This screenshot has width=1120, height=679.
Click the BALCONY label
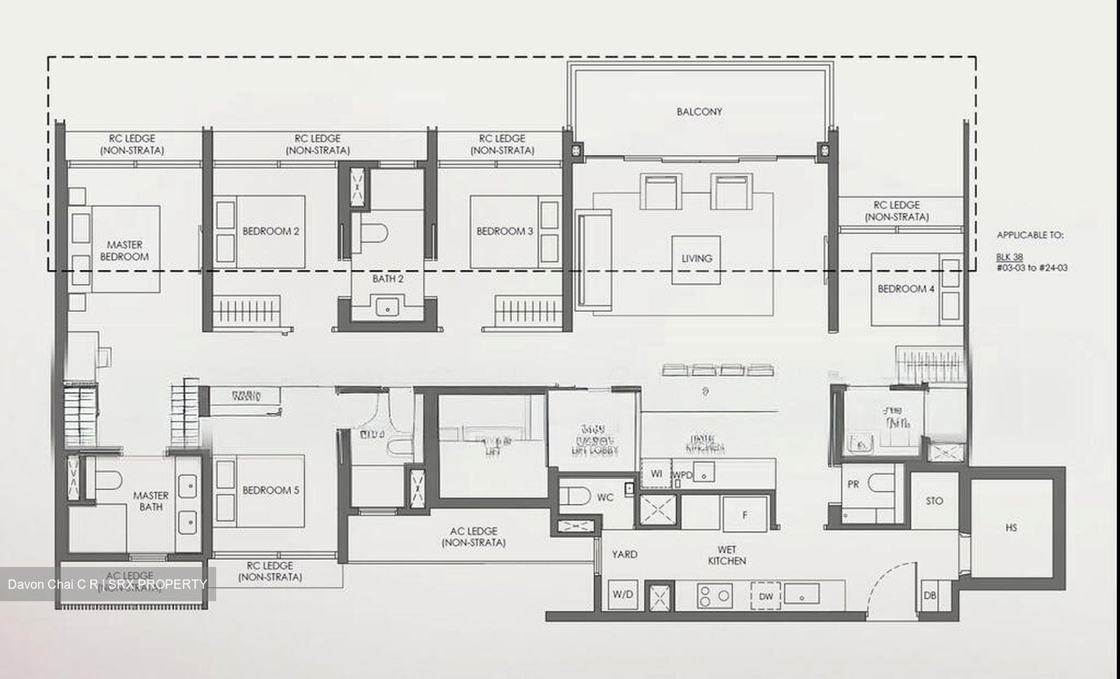coord(698,112)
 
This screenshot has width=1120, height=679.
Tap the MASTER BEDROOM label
coord(124,250)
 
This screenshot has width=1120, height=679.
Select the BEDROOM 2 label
coord(271,231)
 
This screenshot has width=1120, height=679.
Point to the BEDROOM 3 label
coord(505,231)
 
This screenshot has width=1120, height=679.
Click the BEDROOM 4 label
coord(906,289)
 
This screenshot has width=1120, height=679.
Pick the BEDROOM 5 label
coord(271,490)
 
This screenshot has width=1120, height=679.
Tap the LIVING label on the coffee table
coord(696,258)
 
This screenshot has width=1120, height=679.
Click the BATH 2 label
coord(387,278)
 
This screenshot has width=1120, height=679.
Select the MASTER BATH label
coord(151,501)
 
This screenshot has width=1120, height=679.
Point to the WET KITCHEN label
coord(726,555)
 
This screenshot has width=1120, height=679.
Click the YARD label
coord(624,555)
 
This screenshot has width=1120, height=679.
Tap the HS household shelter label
coord(1010,528)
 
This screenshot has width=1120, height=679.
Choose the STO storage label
coord(934,501)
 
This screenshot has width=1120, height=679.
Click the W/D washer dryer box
coord(622,595)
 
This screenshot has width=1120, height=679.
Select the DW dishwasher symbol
coord(765,597)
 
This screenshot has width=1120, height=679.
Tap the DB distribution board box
coord(929,596)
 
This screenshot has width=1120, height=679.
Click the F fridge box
coord(744,514)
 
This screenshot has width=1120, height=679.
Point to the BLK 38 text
coord(1009,257)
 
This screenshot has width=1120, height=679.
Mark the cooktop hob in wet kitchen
coord(714,596)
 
